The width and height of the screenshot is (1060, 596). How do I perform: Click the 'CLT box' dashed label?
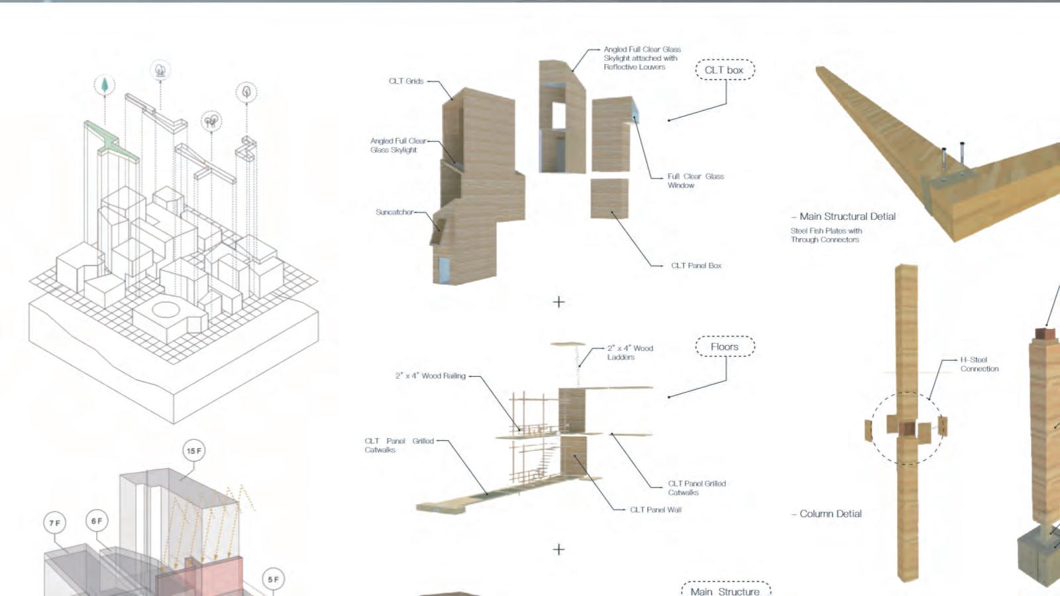(724, 70)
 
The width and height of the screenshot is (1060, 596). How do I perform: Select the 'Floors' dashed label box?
(724, 347)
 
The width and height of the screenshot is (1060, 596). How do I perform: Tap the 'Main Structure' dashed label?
(725, 590)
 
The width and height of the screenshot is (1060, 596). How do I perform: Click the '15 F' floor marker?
(193, 451)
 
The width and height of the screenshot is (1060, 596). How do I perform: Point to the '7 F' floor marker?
(55, 523)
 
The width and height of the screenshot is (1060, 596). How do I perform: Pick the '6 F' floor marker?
(97, 521)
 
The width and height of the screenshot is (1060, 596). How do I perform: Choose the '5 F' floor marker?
(273, 579)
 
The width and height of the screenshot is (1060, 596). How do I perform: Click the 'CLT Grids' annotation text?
(406, 81)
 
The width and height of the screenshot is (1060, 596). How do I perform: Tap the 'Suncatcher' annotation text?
(394, 212)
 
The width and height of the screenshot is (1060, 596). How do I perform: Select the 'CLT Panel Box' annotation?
(696, 266)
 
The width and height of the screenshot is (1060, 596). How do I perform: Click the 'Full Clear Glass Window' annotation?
(695, 181)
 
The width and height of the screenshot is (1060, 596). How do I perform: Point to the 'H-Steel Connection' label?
(979, 364)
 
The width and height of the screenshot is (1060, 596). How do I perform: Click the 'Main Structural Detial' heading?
(847, 217)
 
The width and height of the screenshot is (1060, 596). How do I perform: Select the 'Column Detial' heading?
(830, 514)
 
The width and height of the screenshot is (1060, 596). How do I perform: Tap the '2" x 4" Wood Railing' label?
(431, 376)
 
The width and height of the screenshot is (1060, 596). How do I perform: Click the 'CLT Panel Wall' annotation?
(655, 510)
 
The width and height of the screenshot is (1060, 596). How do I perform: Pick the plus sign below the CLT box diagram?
(558, 302)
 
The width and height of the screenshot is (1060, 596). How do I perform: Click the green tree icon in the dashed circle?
(105, 85)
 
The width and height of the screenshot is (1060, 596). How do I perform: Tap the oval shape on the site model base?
(165, 309)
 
